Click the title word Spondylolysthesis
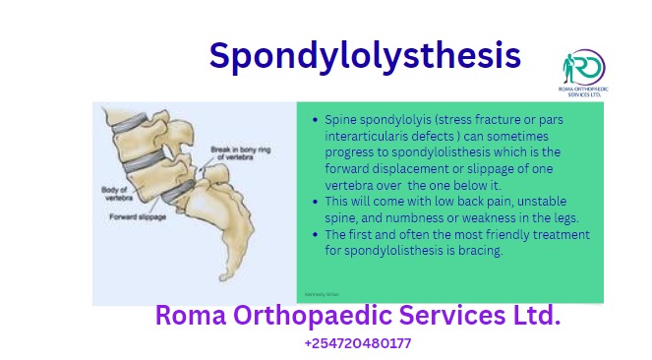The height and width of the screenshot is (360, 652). (x=365, y=56)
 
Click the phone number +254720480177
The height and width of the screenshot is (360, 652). (x=358, y=343)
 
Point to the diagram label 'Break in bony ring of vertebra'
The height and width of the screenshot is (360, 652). (x=233, y=153)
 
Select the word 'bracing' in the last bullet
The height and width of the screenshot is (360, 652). (x=479, y=251)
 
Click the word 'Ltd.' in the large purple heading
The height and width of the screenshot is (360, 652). (x=531, y=316)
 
